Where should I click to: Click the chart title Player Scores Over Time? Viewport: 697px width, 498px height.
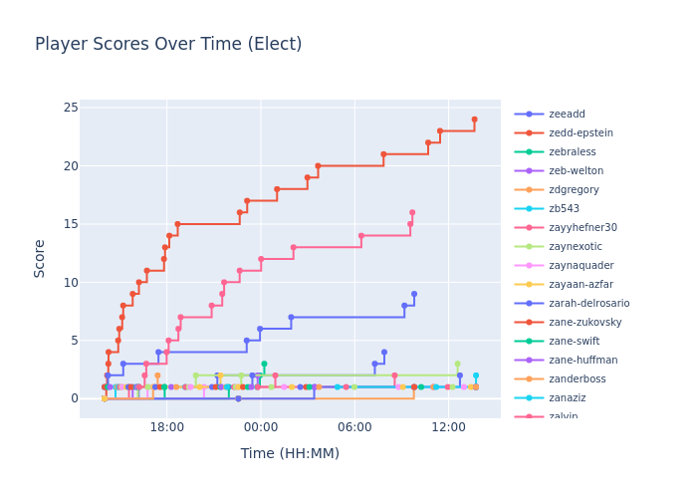[x=168, y=44]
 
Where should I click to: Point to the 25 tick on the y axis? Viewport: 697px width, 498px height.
[x=71, y=108]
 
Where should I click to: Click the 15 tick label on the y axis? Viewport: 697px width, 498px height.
[x=71, y=224]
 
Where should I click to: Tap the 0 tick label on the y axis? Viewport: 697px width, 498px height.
[x=74, y=398]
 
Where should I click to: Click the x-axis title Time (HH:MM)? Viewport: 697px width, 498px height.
[x=290, y=453]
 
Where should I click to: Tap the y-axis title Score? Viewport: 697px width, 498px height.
[x=40, y=258]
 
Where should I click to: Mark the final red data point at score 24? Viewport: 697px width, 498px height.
[x=474, y=120]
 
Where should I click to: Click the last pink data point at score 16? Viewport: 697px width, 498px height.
[x=412, y=212]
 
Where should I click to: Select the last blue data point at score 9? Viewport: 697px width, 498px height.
[x=414, y=294]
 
